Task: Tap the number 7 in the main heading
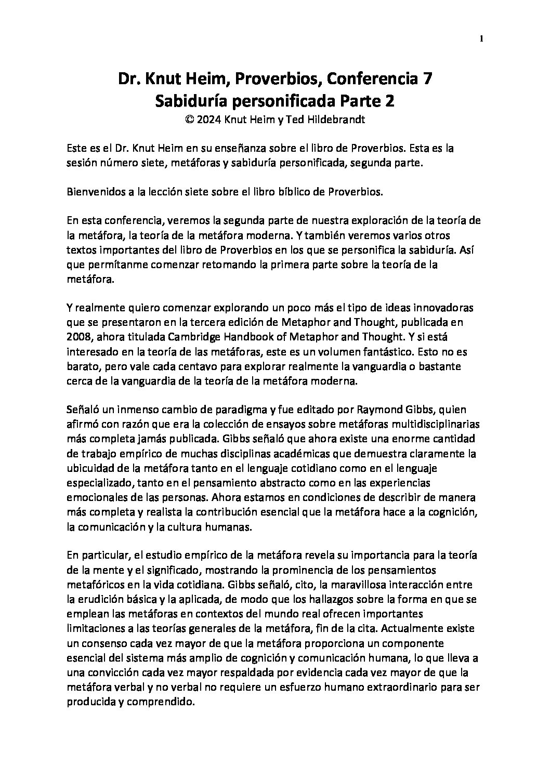tap(426, 80)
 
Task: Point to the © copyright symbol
tap(189, 120)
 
